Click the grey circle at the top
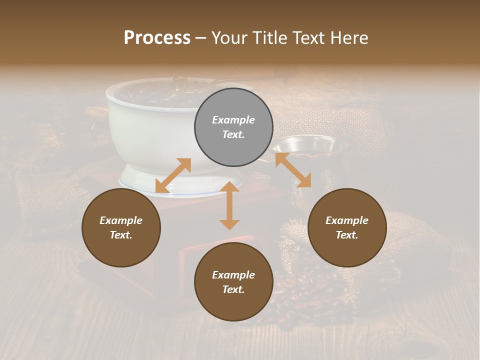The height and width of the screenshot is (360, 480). coord(233,127)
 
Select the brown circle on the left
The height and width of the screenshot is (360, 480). coord(121,227)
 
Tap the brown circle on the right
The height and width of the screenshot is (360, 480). coord(347,227)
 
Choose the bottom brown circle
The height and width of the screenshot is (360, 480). coord(233,282)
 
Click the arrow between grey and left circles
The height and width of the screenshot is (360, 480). coord(173,175)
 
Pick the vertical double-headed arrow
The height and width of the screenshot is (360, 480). coord(229,205)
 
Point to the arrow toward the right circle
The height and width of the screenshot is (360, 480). coord(293,170)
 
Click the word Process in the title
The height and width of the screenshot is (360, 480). coord(157,37)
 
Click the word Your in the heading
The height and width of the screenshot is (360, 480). coord(229,37)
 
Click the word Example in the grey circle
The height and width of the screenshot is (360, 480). coord(233,120)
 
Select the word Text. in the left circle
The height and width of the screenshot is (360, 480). coord(121,235)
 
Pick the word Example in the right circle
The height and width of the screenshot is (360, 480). coord(347,220)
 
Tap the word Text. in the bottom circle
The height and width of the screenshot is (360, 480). coord(233,289)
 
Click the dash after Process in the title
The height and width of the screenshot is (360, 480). coord(201,38)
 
